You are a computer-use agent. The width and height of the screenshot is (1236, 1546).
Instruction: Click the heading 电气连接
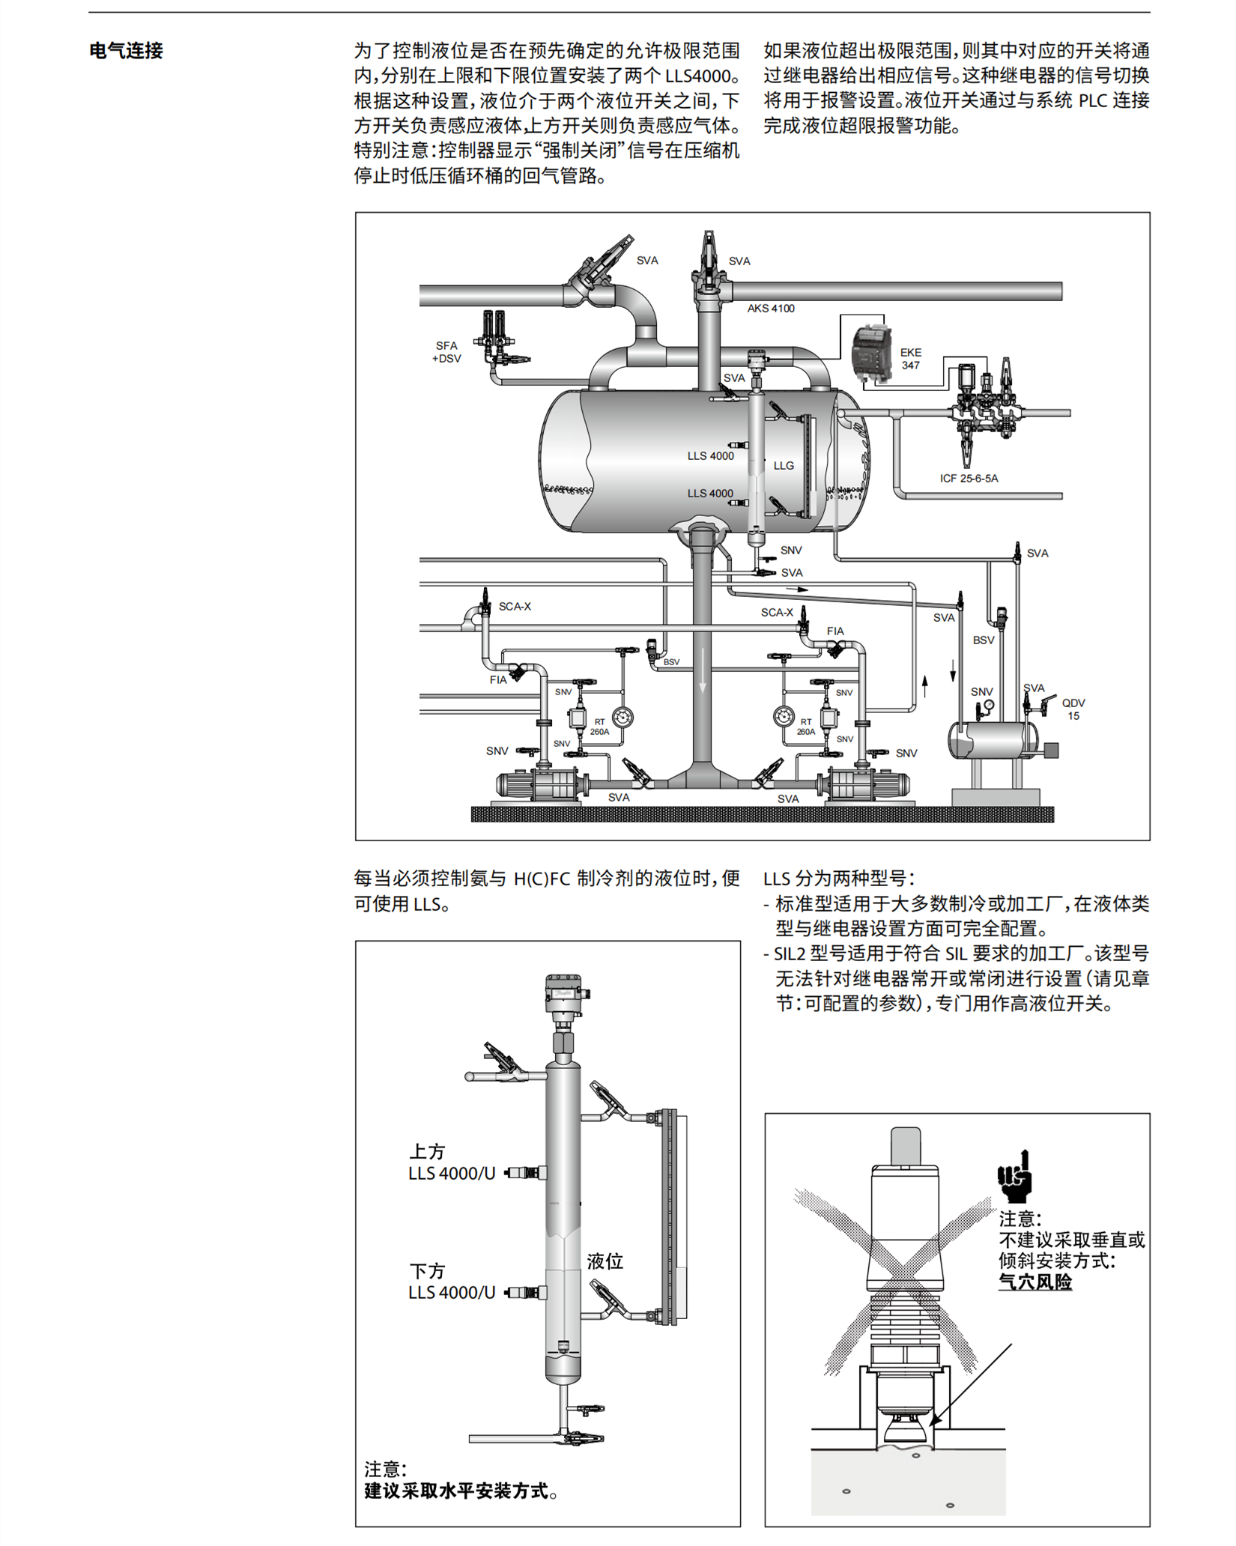pos(126,51)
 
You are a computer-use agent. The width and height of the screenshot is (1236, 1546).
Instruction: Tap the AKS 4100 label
pos(770,309)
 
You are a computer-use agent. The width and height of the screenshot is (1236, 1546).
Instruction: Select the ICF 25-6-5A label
pos(969,478)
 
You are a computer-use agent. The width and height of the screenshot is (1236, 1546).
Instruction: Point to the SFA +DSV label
pos(446,352)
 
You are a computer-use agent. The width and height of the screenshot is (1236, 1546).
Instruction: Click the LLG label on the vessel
pos(784,466)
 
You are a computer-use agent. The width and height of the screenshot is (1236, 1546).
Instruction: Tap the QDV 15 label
pos(1073,709)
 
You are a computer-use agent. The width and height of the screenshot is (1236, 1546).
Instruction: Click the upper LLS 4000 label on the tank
pos(710,455)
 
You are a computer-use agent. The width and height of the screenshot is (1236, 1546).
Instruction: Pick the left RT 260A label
pos(599,727)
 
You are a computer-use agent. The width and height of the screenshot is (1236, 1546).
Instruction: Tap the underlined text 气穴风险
pos(1034,1282)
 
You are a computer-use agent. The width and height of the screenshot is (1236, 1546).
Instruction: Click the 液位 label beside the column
pos(605,1261)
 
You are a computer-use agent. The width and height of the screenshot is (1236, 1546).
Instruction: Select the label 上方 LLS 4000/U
pos(451,1162)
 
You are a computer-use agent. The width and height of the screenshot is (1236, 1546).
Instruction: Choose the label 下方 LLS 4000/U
pos(451,1282)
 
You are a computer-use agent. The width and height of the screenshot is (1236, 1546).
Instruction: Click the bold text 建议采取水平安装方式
pos(455,1491)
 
